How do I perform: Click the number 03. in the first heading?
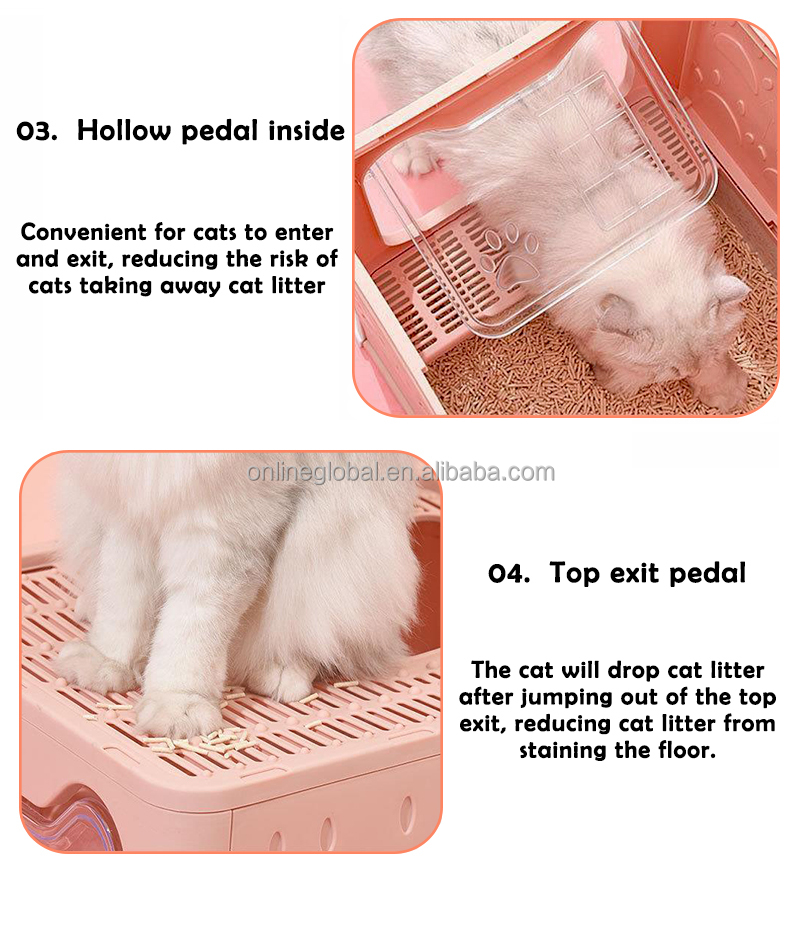[37, 131]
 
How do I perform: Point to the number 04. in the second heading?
[509, 574]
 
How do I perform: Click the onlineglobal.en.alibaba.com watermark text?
[401, 472]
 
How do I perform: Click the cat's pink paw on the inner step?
[415, 159]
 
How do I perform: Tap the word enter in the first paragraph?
[304, 233]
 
